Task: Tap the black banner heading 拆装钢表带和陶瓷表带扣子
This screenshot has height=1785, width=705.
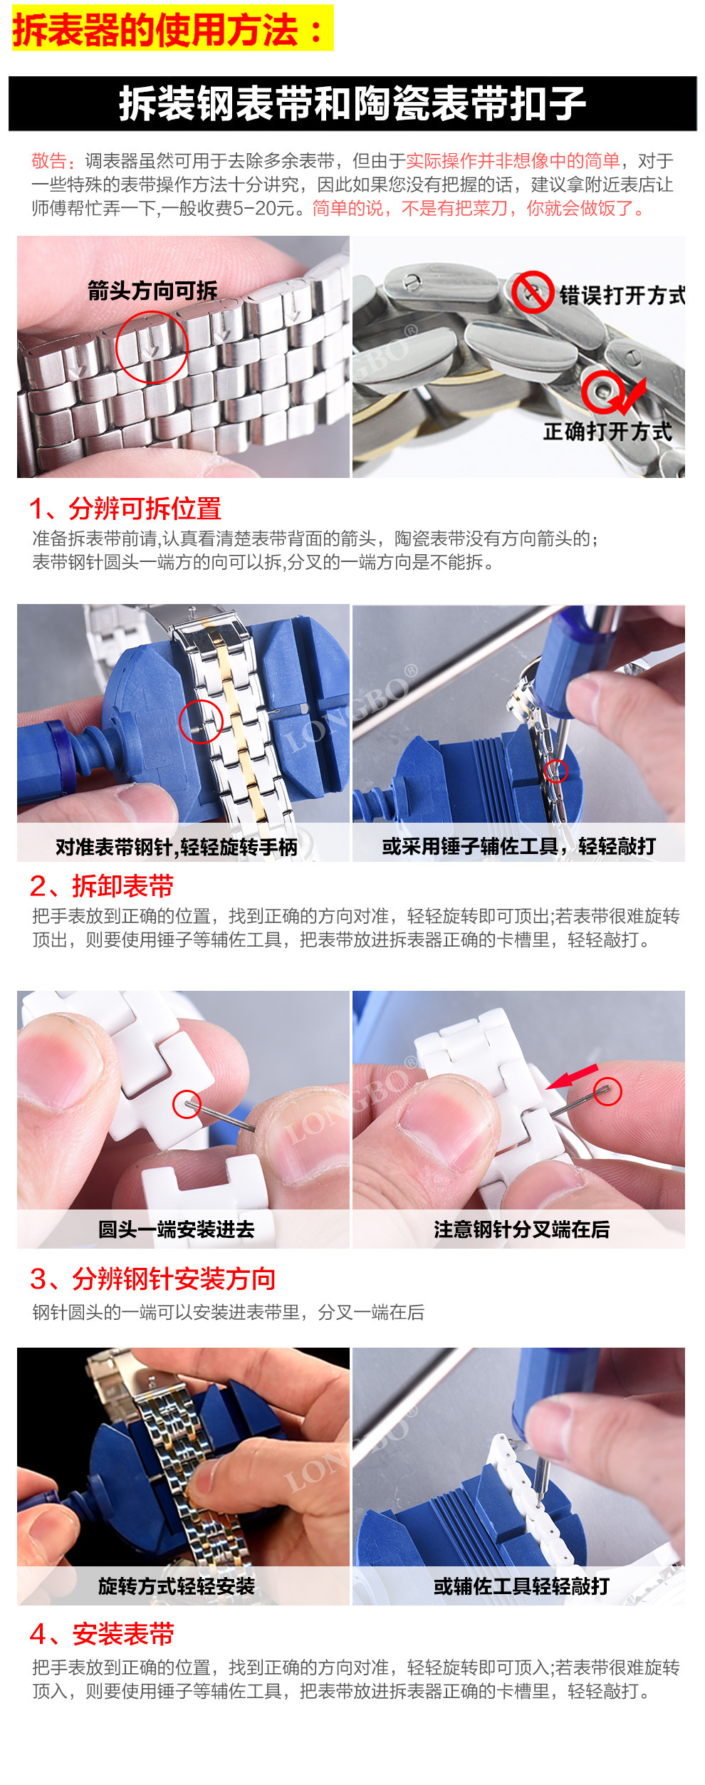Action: click(352, 103)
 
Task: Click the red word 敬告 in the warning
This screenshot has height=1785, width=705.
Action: click(49, 161)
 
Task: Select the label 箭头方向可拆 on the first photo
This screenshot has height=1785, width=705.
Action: click(152, 290)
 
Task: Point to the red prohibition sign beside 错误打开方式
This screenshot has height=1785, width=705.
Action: click(532, 292)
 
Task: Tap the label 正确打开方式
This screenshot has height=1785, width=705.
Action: click(607, 432)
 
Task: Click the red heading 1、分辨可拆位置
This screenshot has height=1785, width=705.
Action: click(125, 509)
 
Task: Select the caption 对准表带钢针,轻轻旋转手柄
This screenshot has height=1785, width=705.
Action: click(177, 847)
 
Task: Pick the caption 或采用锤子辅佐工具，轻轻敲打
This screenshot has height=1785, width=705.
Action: click(519, 846)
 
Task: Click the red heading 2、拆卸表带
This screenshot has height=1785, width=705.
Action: click(102, 886)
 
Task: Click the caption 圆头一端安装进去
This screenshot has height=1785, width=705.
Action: click(177, 1229)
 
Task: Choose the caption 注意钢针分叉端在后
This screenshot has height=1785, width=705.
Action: click(521, 1229)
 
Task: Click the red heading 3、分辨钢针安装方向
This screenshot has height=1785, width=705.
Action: click(152, 1279)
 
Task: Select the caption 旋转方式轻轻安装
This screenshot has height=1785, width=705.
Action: click(177, 1586)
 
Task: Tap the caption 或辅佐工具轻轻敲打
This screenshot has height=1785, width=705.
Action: click(521, 1586)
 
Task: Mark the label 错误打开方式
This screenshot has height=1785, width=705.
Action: click(622, 295)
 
